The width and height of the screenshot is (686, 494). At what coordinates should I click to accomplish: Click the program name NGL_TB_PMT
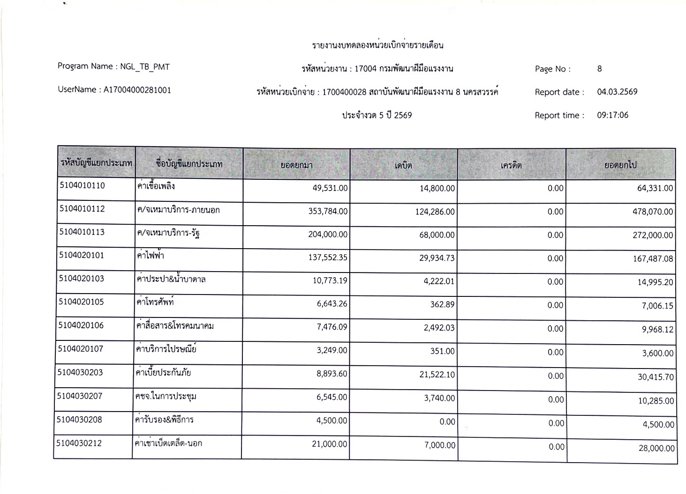pyautogui.click(x=145, y=66)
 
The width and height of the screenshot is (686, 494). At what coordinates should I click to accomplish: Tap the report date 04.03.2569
pyautogui.click(x=617, y=92)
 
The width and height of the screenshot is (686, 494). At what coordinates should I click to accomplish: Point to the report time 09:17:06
pyautogui.click(x=612, y=115)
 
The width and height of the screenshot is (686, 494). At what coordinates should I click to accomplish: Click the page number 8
pyautogui.click(x=599, y=69)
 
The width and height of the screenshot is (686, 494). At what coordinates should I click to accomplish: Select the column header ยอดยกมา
pyautogui.click(x=296, y=165)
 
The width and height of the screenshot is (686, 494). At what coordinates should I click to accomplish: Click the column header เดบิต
pyautogui.click(x=403, y=165)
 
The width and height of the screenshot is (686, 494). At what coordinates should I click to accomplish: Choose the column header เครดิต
pyautogui.click(x=511, y=165)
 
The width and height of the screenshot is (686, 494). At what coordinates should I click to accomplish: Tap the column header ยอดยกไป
pyautogui.click(x=620, y=165)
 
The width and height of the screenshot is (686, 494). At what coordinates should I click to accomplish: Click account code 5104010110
pyautogui.click(x=82, y=185)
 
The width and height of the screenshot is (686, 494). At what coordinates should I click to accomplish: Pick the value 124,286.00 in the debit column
pyautogui.click(x=435, y=212)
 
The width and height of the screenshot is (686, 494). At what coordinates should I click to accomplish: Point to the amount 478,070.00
pyautogui.click(x=653, y=212)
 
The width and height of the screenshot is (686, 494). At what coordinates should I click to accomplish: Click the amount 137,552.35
pyautogui.click(x=328, y=257)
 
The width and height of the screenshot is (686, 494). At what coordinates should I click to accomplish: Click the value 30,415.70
pyautogui.click(x=656, y=376)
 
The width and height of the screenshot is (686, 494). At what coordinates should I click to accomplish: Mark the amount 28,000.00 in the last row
pyautogui.click(x=656, y=448)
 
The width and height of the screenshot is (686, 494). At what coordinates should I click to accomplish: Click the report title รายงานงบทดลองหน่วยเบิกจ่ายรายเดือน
pyautogui.click(x=377, y=45)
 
